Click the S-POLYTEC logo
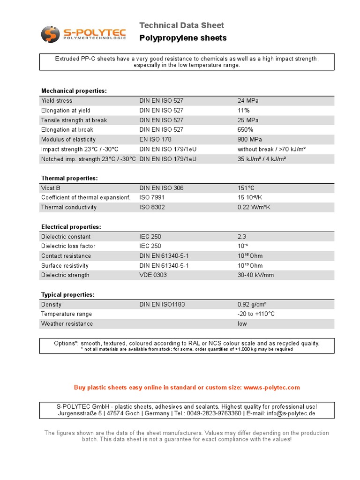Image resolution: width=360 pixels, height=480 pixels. pyautogui.click(x=83, y=34)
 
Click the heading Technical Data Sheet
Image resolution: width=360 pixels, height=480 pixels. pyautogui.click(x=182, y=25)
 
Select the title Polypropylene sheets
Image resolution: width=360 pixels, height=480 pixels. pyautogui.click(x=183, y=38)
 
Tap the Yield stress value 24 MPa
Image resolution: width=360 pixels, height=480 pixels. pyautogui.click(x=248, y=101)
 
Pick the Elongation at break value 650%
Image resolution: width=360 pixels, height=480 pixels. pyautogui.click(x=245, y=130)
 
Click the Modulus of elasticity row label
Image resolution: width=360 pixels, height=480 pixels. pyautogui.click(x=68, y=140)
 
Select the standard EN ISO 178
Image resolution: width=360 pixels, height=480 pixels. pyautogui.click(x=156, y=140)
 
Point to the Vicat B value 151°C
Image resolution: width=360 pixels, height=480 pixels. pyautogui.click(x=246, y=188)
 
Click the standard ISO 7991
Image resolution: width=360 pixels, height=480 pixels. pyautogui.click(x=152, y=198)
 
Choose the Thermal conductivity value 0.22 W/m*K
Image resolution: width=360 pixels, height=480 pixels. pyautogui.click(x=254, y=207)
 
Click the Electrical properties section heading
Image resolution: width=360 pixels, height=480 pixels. pyautogui.click(x=71, y=227)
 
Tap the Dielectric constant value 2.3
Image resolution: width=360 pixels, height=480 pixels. pyautogui.click(x=242, y=237)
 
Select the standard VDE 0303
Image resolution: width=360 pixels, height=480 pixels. pyautogui.click(x=153, y=275)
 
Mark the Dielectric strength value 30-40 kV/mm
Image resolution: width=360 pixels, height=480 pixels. pyautogui.click(x=255, y=275)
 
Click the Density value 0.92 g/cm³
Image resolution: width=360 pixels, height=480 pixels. pyautogui.click(x=252, y=305)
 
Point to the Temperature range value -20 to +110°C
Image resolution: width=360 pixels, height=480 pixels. pyautogui.click(x=256, y=314)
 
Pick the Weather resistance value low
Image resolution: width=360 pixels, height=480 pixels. pyautogui.click(x=242, y=324)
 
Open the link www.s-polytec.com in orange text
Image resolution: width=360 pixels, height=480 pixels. pyautogui.click(x=271, y=388)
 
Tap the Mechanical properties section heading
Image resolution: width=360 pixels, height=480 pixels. pyautogui.click(x=74, y=90)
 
